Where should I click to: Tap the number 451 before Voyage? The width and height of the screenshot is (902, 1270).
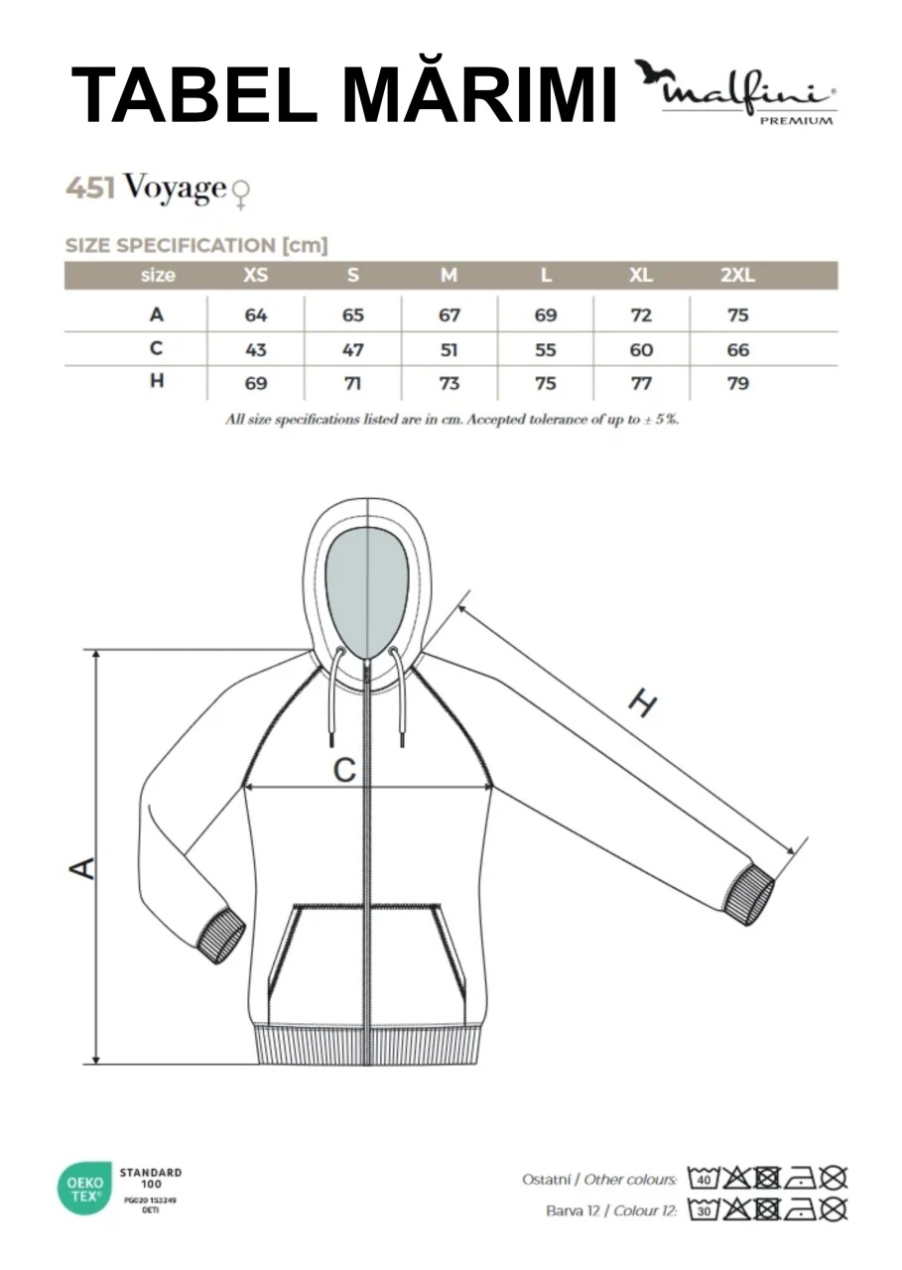90,189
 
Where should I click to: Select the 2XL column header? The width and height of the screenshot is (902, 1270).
737,276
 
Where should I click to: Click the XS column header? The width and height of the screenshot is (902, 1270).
255,276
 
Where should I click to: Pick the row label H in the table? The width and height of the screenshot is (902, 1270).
157,381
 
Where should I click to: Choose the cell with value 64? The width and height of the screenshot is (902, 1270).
256,315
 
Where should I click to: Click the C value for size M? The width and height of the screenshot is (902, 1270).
449,350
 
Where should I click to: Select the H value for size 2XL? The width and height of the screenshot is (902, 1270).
737,384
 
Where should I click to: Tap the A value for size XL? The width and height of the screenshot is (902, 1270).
641,315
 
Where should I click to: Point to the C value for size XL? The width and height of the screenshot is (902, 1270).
641,350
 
